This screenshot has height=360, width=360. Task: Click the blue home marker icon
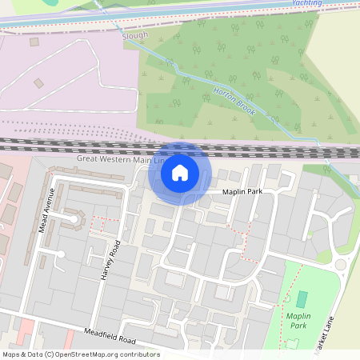click(x=180, y=172)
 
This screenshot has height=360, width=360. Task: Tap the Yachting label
click(x=308, y=3)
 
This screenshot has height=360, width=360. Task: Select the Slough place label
click(x=135, y=36)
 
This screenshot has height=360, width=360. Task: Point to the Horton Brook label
click(x=234, y=101)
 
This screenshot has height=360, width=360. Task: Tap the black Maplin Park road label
click(x=248, y=192)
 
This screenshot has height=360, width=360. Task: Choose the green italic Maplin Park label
click(x=298, y=321)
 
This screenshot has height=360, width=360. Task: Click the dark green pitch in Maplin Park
click(x=302, y=300)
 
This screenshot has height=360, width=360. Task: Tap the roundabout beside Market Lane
click(x=341, y=265)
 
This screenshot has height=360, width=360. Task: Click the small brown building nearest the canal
click(x=34, y=42)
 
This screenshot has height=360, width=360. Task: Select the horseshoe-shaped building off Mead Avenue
click(x=74, y=216)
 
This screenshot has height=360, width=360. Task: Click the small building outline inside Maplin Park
click(x=293, y=342)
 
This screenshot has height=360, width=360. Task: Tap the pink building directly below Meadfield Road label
click(x=26, y=328)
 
